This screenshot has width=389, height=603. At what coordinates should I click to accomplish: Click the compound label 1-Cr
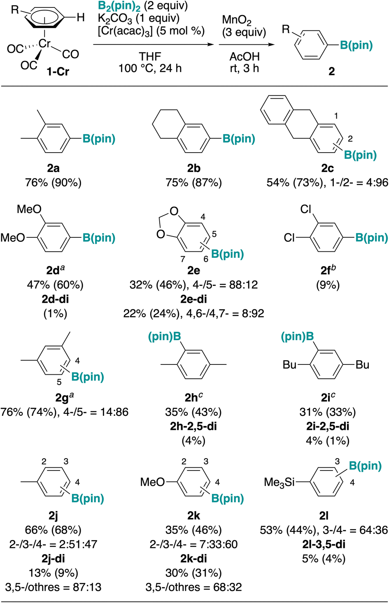click(x=58, y=72)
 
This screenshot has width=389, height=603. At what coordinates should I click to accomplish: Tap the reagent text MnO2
click(x=237, y=21)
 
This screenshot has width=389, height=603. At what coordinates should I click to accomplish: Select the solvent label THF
click(x=150, y=56)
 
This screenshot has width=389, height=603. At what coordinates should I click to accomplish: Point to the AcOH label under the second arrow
click(x=245, y=56)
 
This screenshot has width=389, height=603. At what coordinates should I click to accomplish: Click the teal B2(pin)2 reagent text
click(x=119, y=6)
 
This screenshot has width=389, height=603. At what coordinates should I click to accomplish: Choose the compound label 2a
click(x=53, y=168)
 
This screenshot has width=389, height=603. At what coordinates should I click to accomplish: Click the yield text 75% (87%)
click(x=194, y=183)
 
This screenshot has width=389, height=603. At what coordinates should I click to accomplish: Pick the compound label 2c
click(x=328, y=168)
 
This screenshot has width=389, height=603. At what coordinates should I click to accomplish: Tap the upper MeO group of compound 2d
click(x=29, y=209)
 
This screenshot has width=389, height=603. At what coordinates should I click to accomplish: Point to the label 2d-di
click(x=55, y=299)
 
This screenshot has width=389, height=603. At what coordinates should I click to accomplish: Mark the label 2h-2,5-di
click(x=193, y=426)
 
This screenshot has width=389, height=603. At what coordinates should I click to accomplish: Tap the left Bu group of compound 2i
click(x=289, y=365)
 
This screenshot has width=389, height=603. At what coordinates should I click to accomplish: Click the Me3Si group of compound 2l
click(x=279, y=482)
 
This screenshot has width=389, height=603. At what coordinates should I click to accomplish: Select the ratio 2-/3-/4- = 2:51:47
click(x=54, y=544)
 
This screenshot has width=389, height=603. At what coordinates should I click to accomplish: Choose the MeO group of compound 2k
click(x=152, y=482)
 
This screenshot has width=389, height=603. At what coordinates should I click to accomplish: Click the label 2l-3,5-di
click(x=323, y=544)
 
